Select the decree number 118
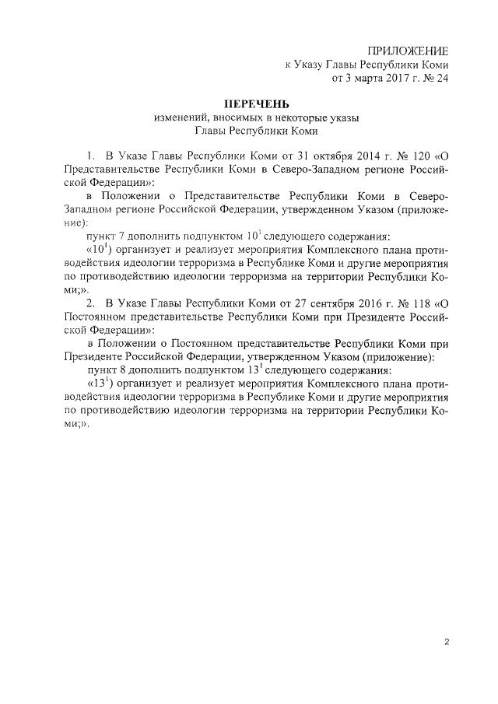[421, 302]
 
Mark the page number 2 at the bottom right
[447, 642]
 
